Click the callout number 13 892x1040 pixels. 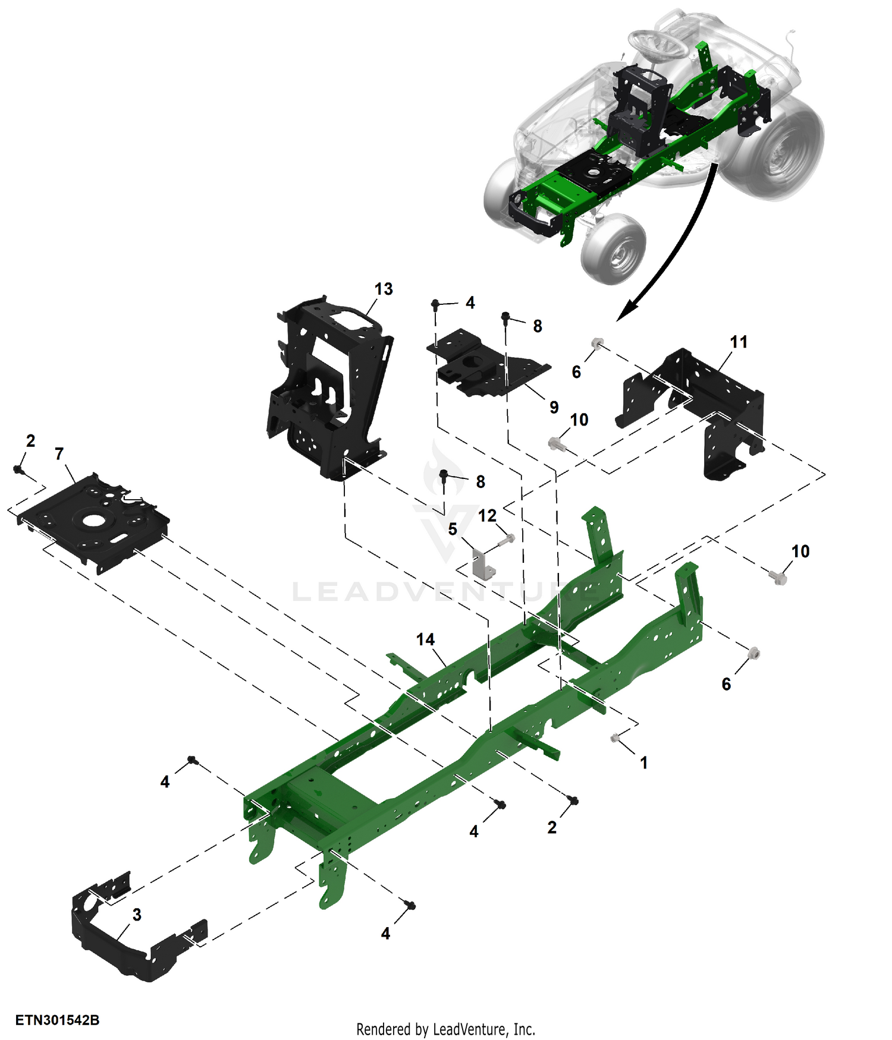pyautogui.click(x=384, y=289)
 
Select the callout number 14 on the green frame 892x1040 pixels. pyautogui.click(x=425, y=639)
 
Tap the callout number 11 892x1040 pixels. pyautogui.click(x=739, y=342)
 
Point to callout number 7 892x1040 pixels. pyautogui.click(x=59, y=454)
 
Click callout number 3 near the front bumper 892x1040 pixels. pyautogui.click(x=137, y=915)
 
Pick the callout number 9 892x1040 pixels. pyautogui.click(x=554, y=407)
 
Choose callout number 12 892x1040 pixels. pyautogui.click(x=487, y=515)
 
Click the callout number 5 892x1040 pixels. pyautogui.click(x=453, y=529)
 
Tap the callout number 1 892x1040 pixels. pyautogui.click(x=643, y=762)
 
